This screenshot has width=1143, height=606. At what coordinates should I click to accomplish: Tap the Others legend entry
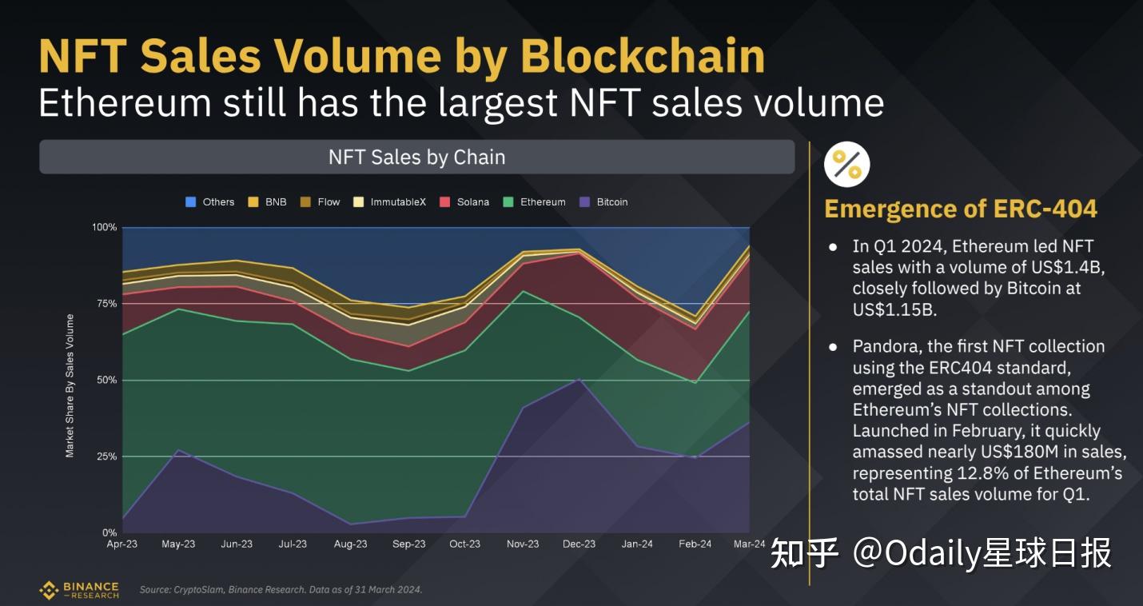pyautogui.click(x=210, y=202)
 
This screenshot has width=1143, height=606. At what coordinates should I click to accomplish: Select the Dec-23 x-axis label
pyautogui.click(x=579, y=544)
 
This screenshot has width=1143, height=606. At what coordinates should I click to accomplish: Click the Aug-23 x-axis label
pyautogui.click(x=350, y=544)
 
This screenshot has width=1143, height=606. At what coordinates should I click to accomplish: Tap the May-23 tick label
pyautogui.click(x=178, y=544)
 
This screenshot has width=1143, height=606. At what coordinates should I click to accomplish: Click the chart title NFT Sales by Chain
pyautogui.click(x=416, y=157)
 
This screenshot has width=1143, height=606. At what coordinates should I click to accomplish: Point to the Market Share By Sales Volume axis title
pyautogui.click(x=70, y=386)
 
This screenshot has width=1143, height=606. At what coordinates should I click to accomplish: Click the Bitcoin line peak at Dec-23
pyautogui.click(x=579, y=378)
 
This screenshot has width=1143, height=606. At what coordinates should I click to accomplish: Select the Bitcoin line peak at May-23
pyautogui.click(x=178, y=450)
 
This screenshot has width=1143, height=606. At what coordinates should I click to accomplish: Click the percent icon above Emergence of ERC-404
pyautogui.click(x=846, y=165)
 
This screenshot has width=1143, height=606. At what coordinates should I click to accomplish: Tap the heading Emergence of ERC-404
pyautogui.click(x=960, y=209)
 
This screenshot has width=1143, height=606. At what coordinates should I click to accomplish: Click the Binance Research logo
pyautogui.click(x=79, y=590)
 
